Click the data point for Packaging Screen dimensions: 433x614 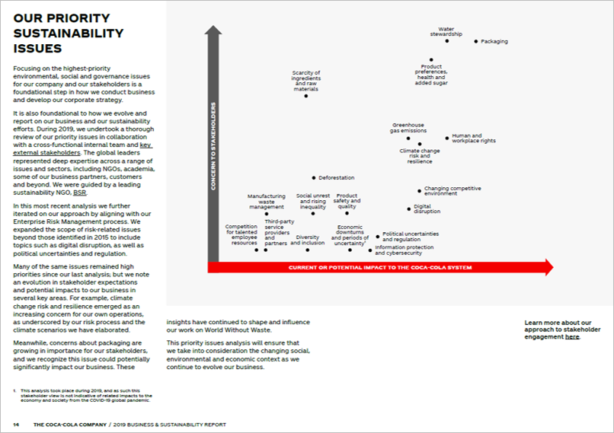click(x=476, y=41)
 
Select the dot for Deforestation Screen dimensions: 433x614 click(x=313, y=178)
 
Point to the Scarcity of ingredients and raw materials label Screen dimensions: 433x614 click(x=306, y=81)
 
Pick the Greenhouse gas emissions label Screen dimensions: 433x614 click(x=408, y=128)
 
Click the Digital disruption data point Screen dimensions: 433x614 click(x=408, y=209)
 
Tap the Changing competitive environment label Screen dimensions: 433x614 click(x=452, y=191)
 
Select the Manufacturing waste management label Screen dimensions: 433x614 click(x=266, y=202)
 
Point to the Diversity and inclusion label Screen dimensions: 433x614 click(x=308, y=240)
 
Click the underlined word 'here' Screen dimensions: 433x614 click(x=572, y=336)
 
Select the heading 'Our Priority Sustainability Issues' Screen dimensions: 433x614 click(x=69, y=33)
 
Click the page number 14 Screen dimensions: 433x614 click(x=15, y=424)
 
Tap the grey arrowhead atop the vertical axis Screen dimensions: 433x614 click(x=213, y=30)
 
